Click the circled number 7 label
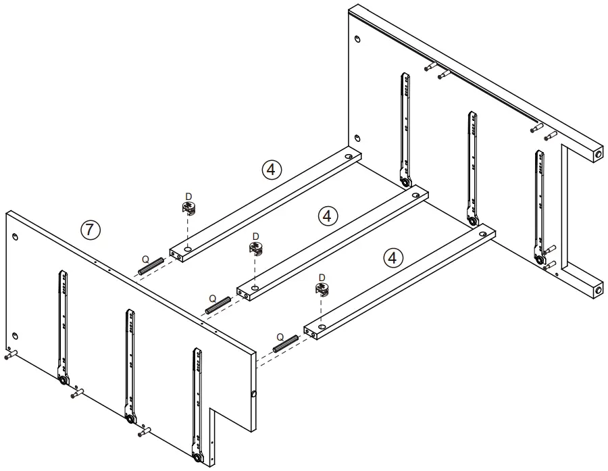pyautogui.click(x=90, y=229)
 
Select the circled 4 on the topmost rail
pyautogui.click(x=271, y=170)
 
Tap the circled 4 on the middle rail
pyautogui.click(x=327, y=216)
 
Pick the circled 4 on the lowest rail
pyautogui.click(x=392, y=257)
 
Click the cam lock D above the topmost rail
pyautogui.click(x=188, y=207)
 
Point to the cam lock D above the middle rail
pyautogui.click(x=255, y=248)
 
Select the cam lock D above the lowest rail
pyautogui.click(x=322, y=290)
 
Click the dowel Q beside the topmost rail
pyautogui.click(x=151, y=266)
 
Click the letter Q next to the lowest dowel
pyautogui.click(x=278, y=336)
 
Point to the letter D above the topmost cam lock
pyautogui.click(x=188, y=196)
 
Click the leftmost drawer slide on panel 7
pyautogui.click(x=62, y=324)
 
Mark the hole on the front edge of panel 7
pyautogui.click(x=253, y=395)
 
